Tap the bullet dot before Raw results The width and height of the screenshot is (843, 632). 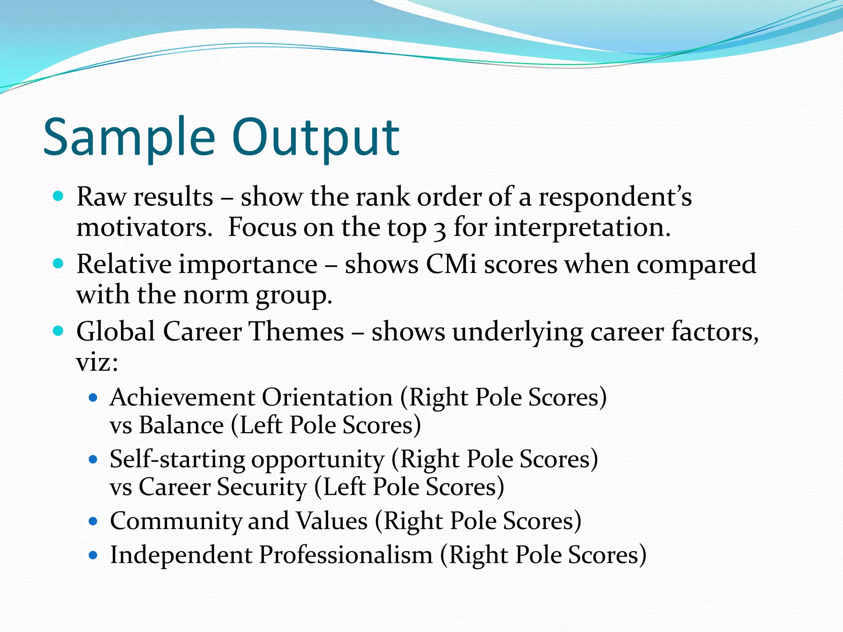click(58, 196)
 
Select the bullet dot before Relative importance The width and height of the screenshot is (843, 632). click(58, 263)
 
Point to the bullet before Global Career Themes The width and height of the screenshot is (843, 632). click(58, 330)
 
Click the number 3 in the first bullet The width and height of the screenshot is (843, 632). click(440, 229)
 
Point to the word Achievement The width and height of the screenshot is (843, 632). click(182, 397)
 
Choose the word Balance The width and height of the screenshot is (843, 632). click(181, 425)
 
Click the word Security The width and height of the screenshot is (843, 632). click(262, 487)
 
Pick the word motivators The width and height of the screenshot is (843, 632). click(144, 228)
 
